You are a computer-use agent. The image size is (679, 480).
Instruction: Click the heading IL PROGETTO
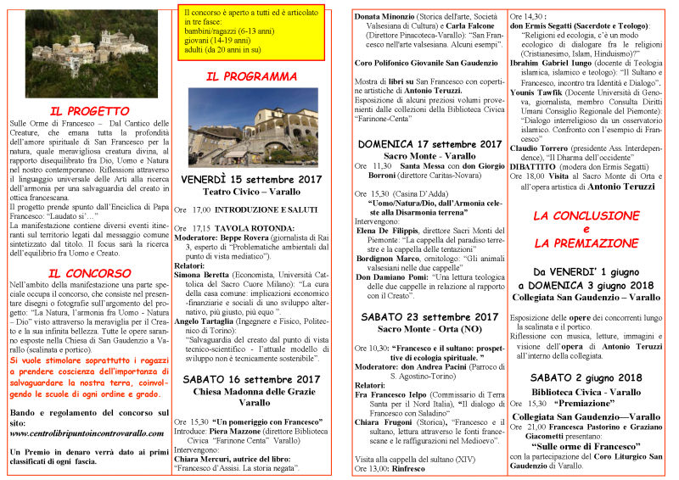pos(89,111)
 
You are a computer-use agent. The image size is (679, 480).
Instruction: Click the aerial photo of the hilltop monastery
pos(86,53)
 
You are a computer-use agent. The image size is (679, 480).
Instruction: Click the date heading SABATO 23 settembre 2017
pos(429,293)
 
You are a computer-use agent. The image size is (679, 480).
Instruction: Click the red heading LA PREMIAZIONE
pos(585,243)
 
